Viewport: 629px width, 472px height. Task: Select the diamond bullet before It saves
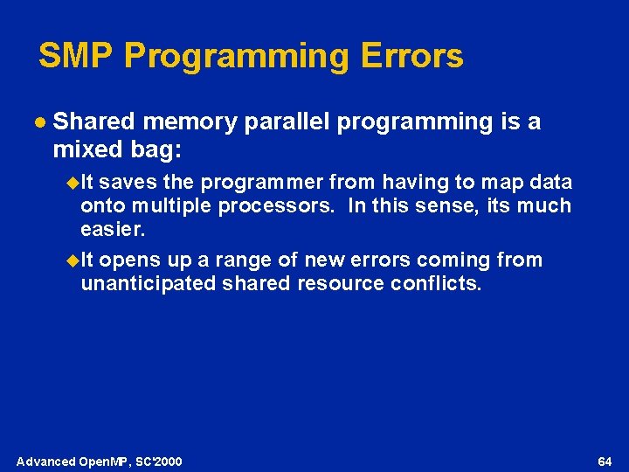[x=73, y=183]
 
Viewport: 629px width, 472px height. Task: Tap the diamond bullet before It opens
[x=73, y=260]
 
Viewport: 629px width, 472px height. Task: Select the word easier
[x=113, y=230]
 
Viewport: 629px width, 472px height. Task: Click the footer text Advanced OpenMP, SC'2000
[x=100, y=461]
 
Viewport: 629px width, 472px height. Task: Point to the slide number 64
[x=604, y=461]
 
